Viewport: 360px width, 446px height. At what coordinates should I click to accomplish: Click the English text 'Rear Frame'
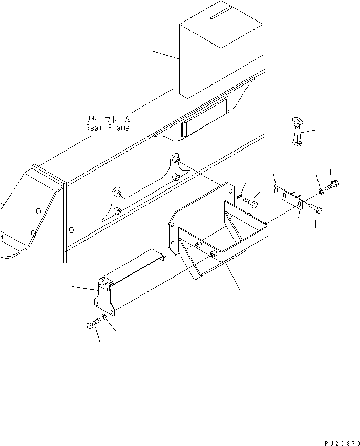pos(108,128)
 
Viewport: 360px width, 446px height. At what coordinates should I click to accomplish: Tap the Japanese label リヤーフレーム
pos(108,119)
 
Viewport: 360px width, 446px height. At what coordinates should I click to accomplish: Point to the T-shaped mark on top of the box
pos(218,17)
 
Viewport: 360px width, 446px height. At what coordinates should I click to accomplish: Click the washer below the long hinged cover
pos(105,318)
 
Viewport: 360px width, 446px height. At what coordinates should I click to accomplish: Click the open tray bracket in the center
pos(220,236)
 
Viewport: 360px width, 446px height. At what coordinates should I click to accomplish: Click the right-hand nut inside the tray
pos(213,253)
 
